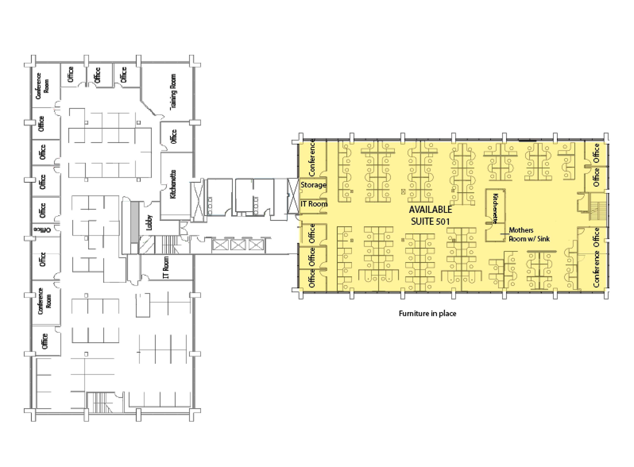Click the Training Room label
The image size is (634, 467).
point(173,92)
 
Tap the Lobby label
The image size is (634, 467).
point(149,223)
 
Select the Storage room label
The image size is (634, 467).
point(313,185)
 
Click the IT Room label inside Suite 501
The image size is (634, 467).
point(314,204)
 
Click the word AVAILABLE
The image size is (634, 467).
point(430,209)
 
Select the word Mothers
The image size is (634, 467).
point(521,230)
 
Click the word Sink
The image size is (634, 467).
point(543,239)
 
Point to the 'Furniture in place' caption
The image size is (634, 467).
point(427,314)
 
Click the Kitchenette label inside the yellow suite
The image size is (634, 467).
point(495,209)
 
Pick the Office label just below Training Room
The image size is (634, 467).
point(173,136)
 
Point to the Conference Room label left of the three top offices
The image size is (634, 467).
point(42,86)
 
